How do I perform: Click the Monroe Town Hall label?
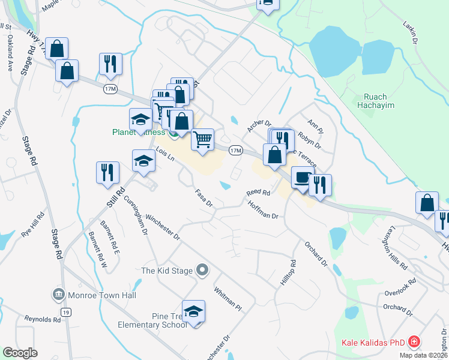[103, 295]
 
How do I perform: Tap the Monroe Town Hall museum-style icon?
[59, 295]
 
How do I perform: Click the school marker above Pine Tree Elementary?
[193, 312]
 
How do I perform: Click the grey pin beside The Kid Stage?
[202, 271]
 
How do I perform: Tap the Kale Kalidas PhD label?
[373, 343]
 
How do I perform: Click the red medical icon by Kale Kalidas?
[413, 343]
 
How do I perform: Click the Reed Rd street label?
[258, 193]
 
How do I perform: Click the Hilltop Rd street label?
[286, 272]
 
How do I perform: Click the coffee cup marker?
[302, 178]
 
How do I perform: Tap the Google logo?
[20, 353]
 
